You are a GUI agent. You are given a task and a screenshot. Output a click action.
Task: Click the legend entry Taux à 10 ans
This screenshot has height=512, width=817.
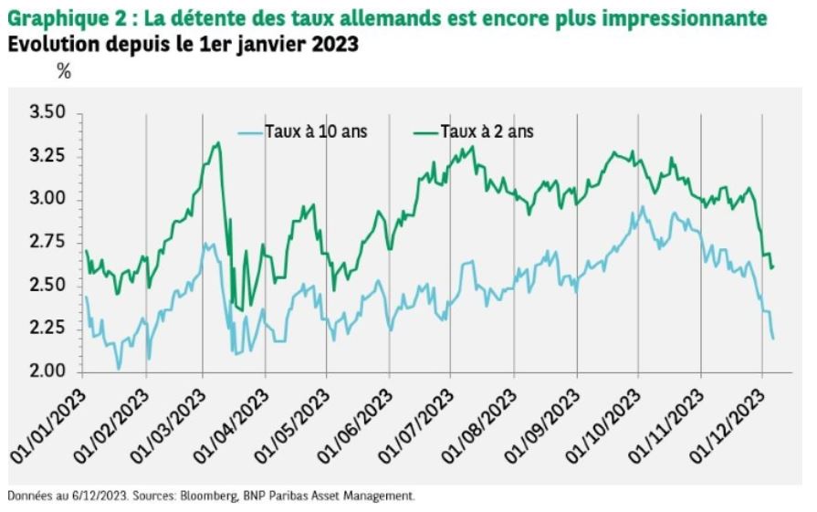pyautogui.click(x=316, y=131)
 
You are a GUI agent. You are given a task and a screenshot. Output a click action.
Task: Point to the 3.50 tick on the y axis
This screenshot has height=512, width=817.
pyautogui.click(x=48, y=113)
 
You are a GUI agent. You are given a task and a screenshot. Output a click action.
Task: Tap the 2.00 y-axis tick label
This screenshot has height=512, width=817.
pyautogui.click(x=48, y=371)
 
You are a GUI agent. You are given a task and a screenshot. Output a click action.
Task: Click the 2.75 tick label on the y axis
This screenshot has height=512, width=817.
pyautogui.click(x=48, y=242)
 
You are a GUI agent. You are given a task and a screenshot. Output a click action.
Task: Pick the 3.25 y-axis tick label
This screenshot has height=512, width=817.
pyautogui.click(x=48, y=156)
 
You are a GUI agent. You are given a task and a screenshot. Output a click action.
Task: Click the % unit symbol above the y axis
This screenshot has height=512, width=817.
pyautogui.click(x=64, y=72)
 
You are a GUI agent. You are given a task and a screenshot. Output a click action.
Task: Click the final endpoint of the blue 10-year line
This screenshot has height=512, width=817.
pyautogui.click(x=773, y=339)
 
